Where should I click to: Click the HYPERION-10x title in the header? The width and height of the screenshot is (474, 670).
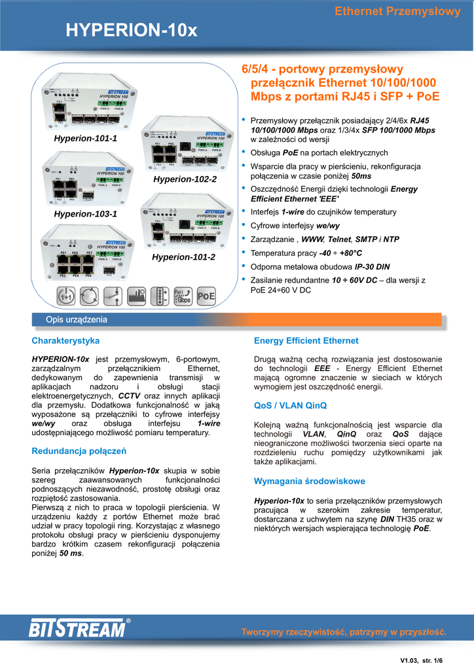131,30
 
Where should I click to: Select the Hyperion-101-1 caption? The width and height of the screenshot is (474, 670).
85,139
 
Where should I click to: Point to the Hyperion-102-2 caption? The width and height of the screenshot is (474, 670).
184,179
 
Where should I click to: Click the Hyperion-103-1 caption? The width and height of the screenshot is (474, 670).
85,214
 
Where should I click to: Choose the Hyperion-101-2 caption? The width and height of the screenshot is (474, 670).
183,257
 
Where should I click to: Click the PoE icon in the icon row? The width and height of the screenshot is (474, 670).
206,296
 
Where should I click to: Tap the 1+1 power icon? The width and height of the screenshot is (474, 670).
65,296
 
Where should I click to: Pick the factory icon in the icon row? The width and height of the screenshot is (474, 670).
136,296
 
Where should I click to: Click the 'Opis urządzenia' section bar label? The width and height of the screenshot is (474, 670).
76,319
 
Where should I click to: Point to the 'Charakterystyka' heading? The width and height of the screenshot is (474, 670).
65,341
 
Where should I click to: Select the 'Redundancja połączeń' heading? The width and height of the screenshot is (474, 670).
79,451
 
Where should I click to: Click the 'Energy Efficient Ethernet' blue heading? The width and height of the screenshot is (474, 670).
306,341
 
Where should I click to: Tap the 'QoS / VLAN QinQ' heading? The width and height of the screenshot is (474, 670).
290,406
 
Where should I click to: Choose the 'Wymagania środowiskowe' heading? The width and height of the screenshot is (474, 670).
309,482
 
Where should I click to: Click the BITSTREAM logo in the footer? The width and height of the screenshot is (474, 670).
78,629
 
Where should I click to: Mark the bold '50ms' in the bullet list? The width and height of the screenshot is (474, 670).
361,177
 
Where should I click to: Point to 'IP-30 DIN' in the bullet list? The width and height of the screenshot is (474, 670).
372,266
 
